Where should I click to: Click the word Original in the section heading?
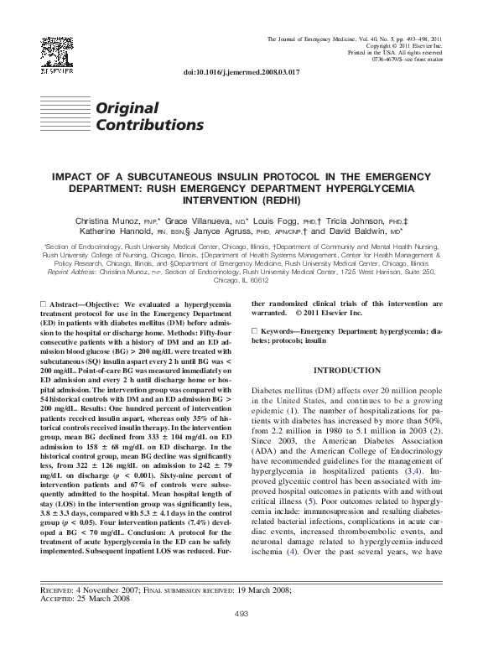click(127, 108)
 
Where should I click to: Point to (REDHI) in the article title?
click(277, 202)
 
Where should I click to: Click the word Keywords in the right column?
click(283, 332)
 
